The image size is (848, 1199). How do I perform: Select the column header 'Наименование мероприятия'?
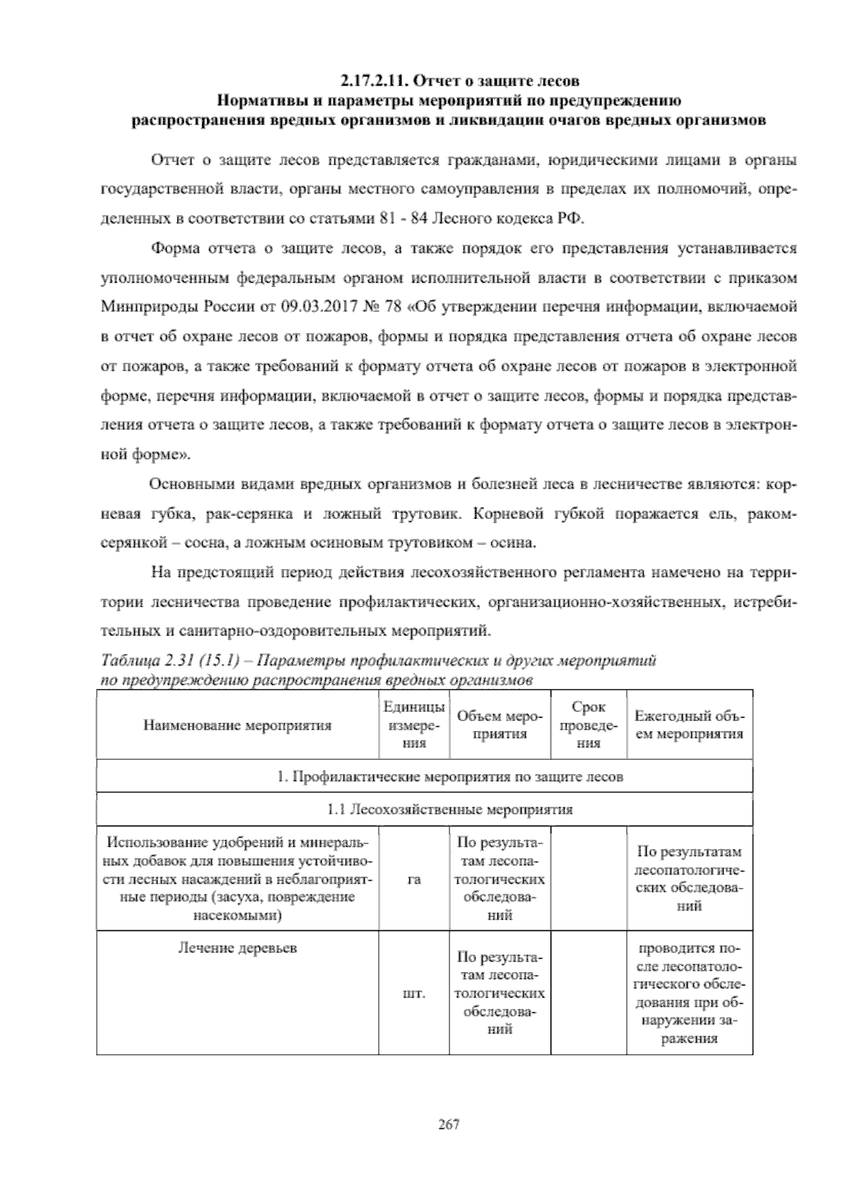tap(237, 725)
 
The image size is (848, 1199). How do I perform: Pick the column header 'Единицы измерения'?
tap(414, 725)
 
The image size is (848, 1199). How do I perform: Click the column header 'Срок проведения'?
tap(588, 725)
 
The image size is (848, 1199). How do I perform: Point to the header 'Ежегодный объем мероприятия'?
tap(689, 725)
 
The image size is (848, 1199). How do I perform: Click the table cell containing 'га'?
tap(414, 879)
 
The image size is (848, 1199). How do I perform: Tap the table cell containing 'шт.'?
tap(414, 993)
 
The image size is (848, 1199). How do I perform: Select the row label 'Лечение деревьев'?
tap(237, 948)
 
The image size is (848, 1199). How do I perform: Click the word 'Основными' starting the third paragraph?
tap(185, 485)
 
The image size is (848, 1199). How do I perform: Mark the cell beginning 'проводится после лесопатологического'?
tap(689, 993)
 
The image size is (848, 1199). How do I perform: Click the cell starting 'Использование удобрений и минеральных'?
tap(237, 879)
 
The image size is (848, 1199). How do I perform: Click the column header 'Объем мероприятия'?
tap(500, 725)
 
